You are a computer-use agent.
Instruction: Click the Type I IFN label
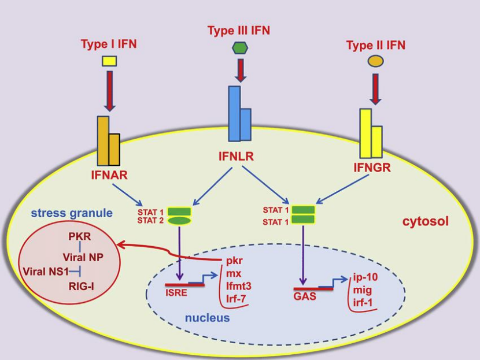(x=109, y=43)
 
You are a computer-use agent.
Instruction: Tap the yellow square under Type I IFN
(x=109, y=60)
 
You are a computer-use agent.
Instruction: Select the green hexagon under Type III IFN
(x=239, y=48)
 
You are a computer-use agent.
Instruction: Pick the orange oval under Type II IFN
(x=376, y=61)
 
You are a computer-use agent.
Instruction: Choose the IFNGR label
(x=372, y=168)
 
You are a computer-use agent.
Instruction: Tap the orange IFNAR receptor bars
(x=108, y=142)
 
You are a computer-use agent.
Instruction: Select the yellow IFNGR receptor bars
(x=371, y=134)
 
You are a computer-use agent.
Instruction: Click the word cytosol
(x=425, y=221)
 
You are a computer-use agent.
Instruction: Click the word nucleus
(x=207, y=318)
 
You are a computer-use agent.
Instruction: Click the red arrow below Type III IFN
(x=239, y=70)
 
